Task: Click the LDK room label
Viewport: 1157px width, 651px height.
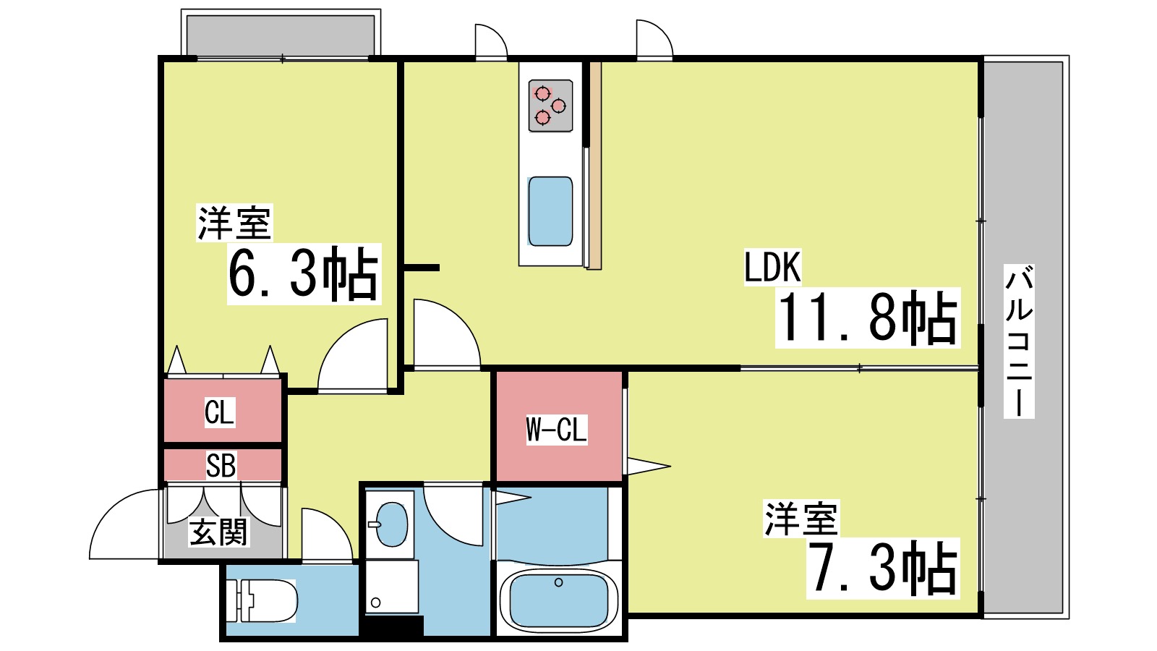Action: point(772,267)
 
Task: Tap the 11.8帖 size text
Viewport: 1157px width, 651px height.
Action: point(867,318)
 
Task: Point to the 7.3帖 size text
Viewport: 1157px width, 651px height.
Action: point(882,569)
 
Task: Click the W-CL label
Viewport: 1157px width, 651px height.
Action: point(556,430)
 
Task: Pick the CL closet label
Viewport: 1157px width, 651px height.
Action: point(220,413)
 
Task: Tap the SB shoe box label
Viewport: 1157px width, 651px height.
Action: point(221,466)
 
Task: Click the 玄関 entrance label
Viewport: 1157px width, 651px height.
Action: point(219,533)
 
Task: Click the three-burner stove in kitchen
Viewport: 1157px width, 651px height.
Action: point(550,106)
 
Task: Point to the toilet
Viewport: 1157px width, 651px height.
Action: point(264,601)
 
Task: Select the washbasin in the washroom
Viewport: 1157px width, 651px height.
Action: point(390,524)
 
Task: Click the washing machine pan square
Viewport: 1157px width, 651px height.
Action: point(391,587)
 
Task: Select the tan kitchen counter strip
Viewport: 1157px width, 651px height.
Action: point(594,166)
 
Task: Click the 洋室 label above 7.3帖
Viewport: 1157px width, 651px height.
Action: point(801,519)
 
